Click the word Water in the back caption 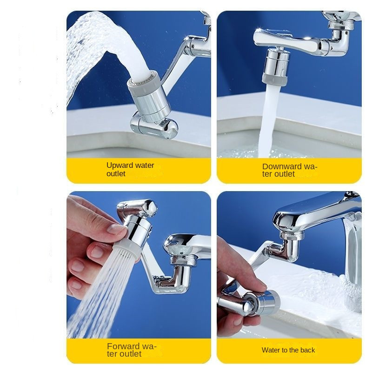(x=270, y=350)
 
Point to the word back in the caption (x=307, y=350)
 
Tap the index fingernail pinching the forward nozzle (x=116, y=229)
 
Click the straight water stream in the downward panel (x=268, y=121)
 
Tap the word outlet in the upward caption (x=116, y=173)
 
